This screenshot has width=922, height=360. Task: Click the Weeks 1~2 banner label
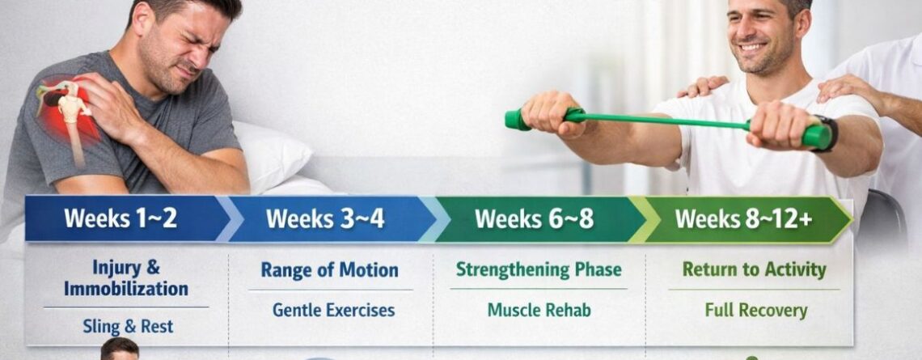pos(121,218)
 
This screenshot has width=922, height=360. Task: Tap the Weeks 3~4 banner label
pos(325,218)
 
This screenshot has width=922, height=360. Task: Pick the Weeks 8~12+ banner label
pos(743,218)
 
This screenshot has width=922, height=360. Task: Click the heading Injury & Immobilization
pos(125,277)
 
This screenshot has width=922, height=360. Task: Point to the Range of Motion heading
pos(329,269)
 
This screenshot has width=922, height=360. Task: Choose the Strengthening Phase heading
pos(538,269)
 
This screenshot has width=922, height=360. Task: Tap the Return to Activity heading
pos(754,269)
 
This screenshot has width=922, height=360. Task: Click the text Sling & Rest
pos(128,327)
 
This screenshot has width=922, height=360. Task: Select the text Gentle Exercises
pos(333,310)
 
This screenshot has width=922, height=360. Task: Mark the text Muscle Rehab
pos(539,310)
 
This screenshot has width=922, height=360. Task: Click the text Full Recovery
pos(755,310)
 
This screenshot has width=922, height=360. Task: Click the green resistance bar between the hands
pos(663,121)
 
